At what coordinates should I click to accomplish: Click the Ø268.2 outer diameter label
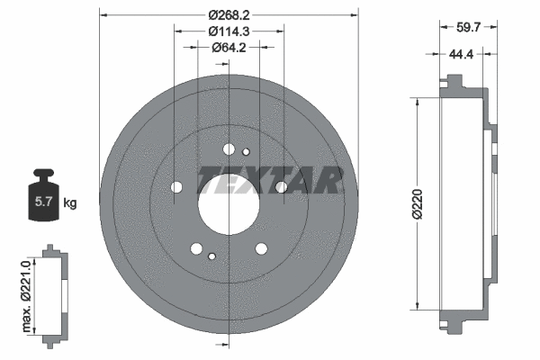pos(228,14)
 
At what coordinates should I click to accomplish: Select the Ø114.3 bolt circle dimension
pos(228,31)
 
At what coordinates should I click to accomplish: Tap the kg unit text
pos(70,203)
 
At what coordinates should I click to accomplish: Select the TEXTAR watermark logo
pos(270,180)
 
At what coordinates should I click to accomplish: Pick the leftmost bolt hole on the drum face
pos(175,187)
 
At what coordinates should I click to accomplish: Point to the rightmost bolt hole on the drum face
pos(281,187)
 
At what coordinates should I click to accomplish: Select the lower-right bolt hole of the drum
pos(261,248)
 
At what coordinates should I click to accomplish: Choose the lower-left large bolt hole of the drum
pos(196,248)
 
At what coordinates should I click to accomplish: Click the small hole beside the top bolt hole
pos(246,149)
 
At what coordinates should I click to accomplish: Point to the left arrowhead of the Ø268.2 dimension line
pos(102,14)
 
